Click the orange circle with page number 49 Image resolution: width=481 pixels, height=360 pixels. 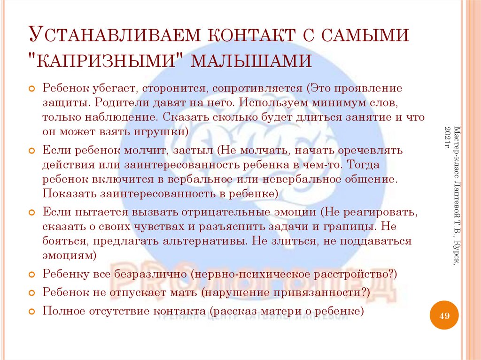(444, 316)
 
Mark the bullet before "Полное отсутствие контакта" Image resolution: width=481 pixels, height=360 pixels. (32, 311)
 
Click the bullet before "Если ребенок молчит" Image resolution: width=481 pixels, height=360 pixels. (32, 152)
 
